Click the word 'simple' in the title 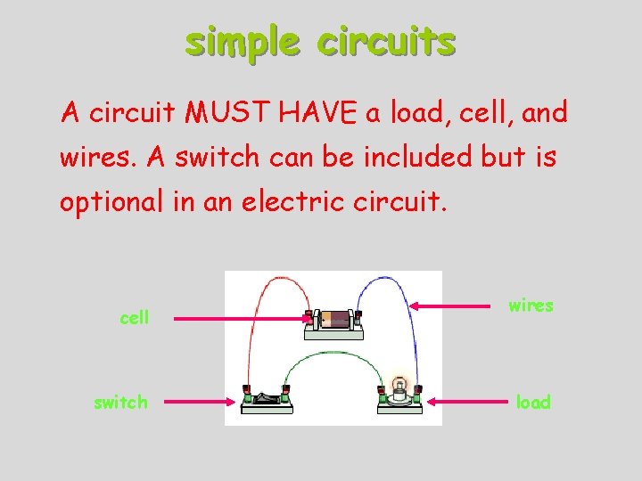pyautogui.click(x=239, y=41)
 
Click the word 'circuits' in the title pyautogui.click(x=385, y=41)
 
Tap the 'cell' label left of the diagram pyautogui.click(x=135, y=318)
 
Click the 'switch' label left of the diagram pyautogui.click(x=120, y=402)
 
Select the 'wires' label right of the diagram pyautogui.click(x=531, y=306)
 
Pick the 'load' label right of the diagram pyautogui.click(x=534, y=402)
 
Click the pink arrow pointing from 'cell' pyautogui.click(x=241, y=318)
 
